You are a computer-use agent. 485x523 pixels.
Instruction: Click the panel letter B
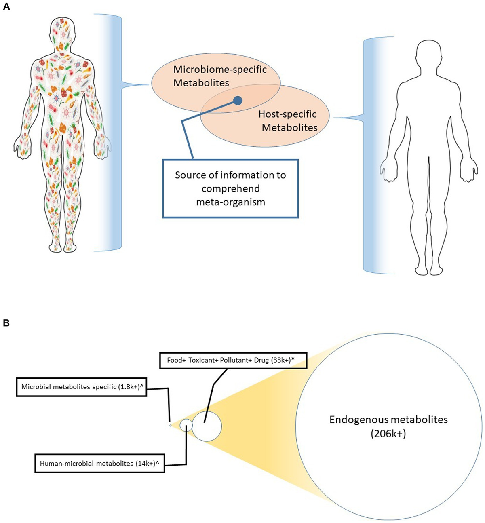(x=6, y=323)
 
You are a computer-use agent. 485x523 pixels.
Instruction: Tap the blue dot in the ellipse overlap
(x=238, y=100)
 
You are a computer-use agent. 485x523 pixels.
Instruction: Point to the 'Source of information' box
(x=230, y=188)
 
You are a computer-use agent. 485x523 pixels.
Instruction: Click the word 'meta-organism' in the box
(x=230, y=202)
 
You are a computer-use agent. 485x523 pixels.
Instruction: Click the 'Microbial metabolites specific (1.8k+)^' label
(x=81, y=387)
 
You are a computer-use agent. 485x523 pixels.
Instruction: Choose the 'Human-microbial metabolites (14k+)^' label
(x=99, y=463)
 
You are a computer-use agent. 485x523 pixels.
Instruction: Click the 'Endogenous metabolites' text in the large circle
(x=388, y=420)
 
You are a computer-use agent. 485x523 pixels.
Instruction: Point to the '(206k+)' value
(x=388, y=434)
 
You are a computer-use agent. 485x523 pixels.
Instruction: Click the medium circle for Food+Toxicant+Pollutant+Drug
(x=207, y=426)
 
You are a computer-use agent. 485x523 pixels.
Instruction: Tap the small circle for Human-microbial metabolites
(x=186, y=426)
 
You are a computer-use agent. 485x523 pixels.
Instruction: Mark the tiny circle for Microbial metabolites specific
(x=171, y=426)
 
